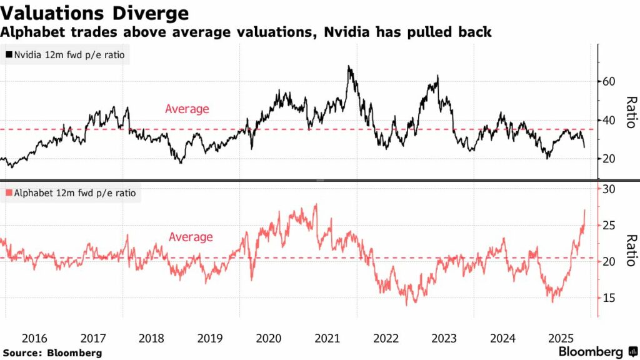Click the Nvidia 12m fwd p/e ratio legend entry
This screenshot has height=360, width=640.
pyautogui.click(x=65, y=55)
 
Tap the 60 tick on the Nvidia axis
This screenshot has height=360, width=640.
pyautogui.click(x=609, y=82)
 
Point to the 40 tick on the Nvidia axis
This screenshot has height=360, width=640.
pyautogui.click(x=609, y=121)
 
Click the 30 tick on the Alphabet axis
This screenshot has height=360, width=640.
pyautogui.click(x=609, y=190)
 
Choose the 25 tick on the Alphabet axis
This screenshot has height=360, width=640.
pyautogui.click(x=609, y=226)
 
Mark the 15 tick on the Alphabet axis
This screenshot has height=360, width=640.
pyautogui.click(x=609, y=298)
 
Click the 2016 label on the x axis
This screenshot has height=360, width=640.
pyautogui.click(x=34, y=339)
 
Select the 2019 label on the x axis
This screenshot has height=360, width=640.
pyautogui.click(x=210, y=339)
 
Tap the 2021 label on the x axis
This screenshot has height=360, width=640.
pyautogui.click(x=327, y=339)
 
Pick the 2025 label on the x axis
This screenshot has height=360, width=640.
pyautogui.click(x=561, y=339)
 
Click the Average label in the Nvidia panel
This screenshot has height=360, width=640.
pyautogui.click(x=187, y=109)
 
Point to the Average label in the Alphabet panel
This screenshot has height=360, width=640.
pyautogui.click(x=191, y=237)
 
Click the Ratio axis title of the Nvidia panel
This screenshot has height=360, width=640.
pyautogui.click(x=631, y=112)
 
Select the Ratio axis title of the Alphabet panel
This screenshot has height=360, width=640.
pyautogui.click(x=631, y=251)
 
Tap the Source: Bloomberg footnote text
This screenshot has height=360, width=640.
pyautogui.click(x=52, y=353)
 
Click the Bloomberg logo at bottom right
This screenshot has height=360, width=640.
pyautogui.click(x=597, y=352)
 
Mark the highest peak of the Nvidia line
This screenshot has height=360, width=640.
pyautogui.click(x=349, y=66)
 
